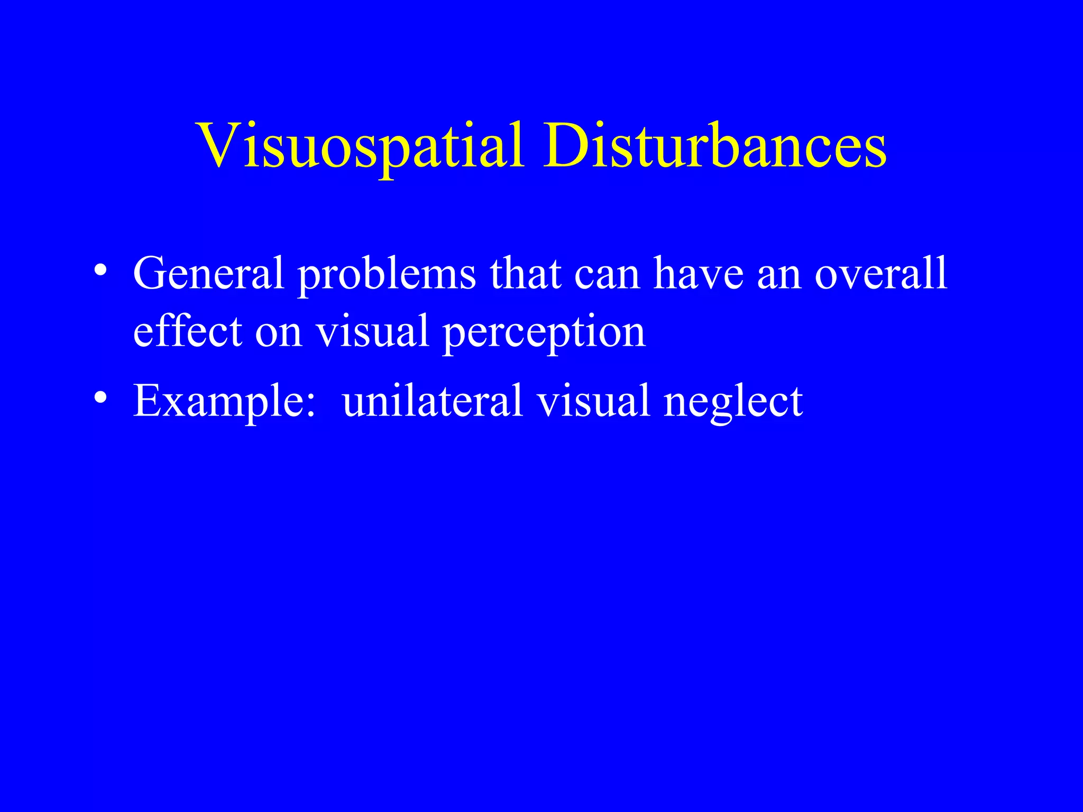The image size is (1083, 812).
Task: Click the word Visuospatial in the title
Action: pyautogui.click(x=362, y=146)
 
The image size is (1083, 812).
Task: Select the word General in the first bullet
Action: pyautogui.click(x=208, y=273)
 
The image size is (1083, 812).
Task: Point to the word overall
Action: pyautogui.click(x=880, y=273)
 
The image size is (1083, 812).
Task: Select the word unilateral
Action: pyautogui.click(x=433, y=401)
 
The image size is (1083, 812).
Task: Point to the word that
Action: pyautogui.click(x=525, y=273)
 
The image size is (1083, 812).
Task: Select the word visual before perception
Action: pyautogui.click(x=372, y=331)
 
